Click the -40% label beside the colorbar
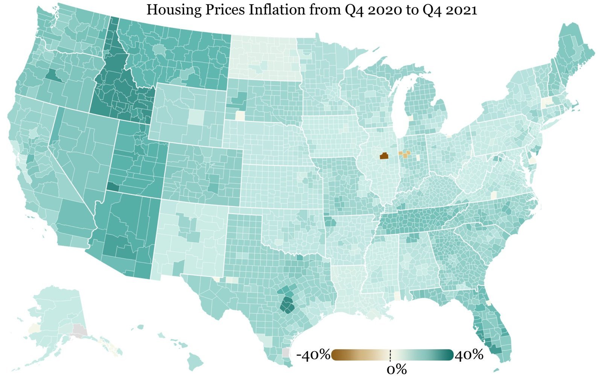click(313, 355)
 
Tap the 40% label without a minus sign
click(469, 355)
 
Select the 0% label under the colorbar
click(397, 369)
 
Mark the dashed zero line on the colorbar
click(391, 355)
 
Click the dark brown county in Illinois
click(384, 155)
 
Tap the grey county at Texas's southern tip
click(286, 352)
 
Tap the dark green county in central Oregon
click(52, 75)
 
